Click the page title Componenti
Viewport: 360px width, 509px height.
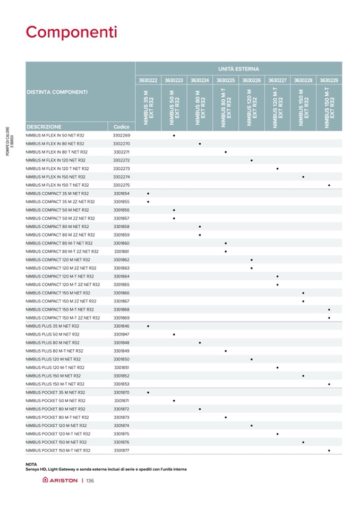pyautogui.click(x=71, y=32)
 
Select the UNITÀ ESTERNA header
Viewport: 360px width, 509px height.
pyautogui.click(x=238, y=69)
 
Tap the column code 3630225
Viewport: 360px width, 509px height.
pyautogui.click(x=226, y=80)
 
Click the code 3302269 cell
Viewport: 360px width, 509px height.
pyautogui.click(x=122, y=135)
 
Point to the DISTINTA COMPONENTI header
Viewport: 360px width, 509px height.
pyautogui.click(x=57, y=92)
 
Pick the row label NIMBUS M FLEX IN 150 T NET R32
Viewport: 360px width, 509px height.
pyautogui.click(x=56, y=185)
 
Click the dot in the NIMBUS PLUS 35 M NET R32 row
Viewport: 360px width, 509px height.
pyautogui.click(x=148, y=326)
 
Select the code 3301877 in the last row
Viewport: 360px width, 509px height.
pyautogui.click(x=122, y=450)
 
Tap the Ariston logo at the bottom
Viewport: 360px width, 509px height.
pyautogui.click(x=60, y=480)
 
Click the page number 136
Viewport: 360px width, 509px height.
pyautogui.click(x=90, y=480)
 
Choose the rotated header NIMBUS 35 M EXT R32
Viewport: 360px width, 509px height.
pyautogui.click(x=148, y=107)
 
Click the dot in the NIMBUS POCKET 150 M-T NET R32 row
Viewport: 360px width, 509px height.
pyautogui.click(x=329, y=450)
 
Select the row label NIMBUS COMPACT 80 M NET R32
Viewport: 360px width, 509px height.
pyautogui.click(x=57, y=226)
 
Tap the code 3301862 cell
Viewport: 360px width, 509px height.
pyautogui.click(x=122, y=260)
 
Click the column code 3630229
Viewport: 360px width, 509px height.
pyautogui.click(x=329, y=80)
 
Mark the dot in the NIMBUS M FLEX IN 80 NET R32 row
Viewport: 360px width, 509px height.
pyautogui.click(x=200, y=144)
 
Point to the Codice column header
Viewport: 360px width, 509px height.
pyautogui.click(x=122, y=127)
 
